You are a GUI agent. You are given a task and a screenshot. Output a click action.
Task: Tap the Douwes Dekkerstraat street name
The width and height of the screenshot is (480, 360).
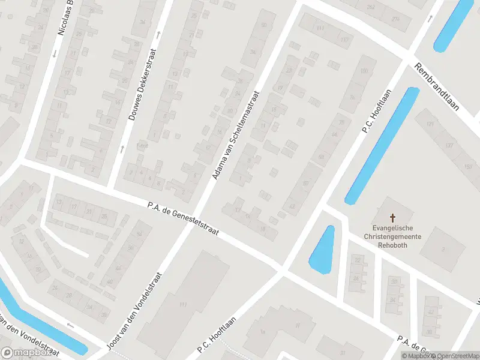tap(143, 84)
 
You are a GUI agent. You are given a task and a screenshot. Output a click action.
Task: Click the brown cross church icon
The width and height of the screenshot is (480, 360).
tap(393, 218)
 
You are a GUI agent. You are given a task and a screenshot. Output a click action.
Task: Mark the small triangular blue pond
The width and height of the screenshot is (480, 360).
tap(322, 251)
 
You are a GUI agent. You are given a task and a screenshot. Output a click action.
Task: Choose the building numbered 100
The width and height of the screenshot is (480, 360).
tap(364, 72)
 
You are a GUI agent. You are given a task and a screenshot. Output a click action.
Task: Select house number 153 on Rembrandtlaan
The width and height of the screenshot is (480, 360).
tap(468, 166)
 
